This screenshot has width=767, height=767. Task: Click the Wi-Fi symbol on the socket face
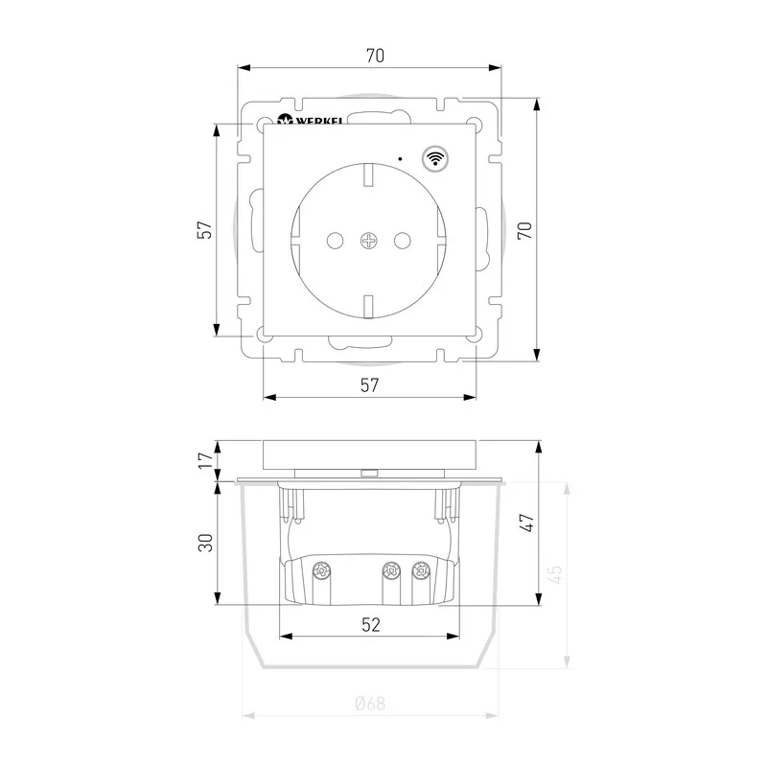[435, 158]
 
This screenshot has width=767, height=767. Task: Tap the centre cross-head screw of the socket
[369, 241]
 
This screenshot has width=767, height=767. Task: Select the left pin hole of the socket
[335, 241]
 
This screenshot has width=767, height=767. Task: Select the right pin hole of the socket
[403, 241]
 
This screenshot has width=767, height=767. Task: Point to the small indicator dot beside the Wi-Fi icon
[401, 158]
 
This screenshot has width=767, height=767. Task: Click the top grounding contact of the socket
[369, 175]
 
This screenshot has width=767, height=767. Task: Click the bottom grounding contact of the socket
[369, 307]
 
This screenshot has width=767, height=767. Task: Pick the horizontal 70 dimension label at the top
[375, 56]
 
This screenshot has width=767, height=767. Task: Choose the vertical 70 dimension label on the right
[524, 230]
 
